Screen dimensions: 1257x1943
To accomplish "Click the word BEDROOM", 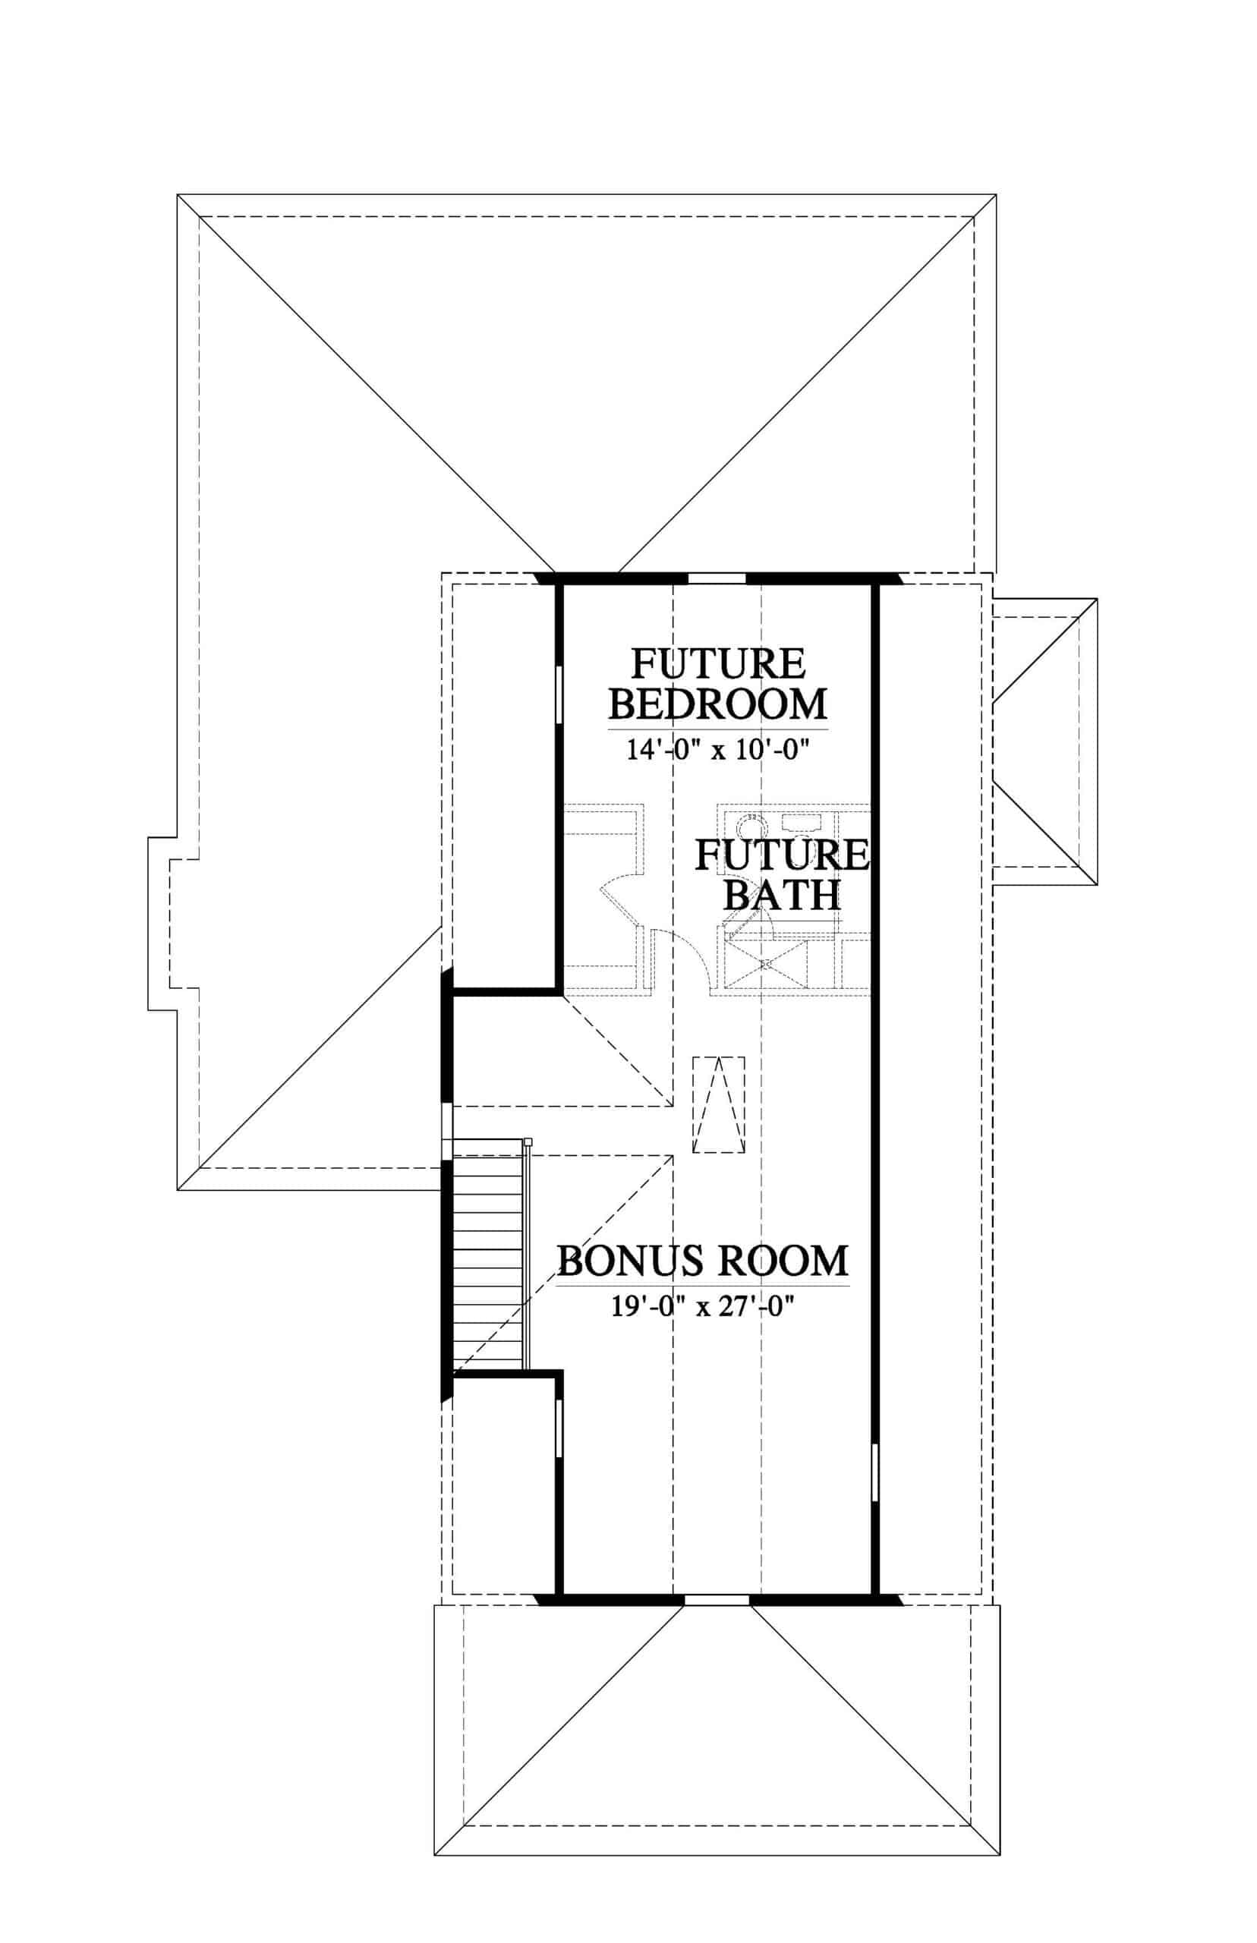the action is pos(718,704).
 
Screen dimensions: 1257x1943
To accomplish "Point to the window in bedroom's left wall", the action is pos(559,694).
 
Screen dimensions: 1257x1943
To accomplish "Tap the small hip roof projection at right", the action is pos(1044,742).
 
